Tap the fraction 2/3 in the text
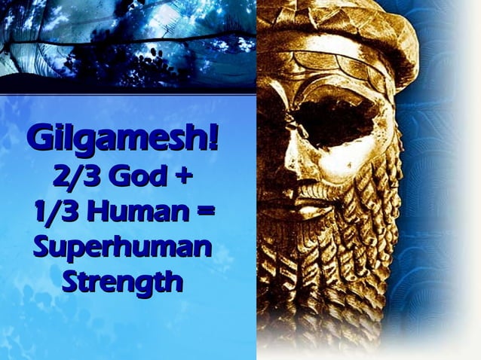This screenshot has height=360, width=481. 74,176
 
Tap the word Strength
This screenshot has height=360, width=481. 122,282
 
